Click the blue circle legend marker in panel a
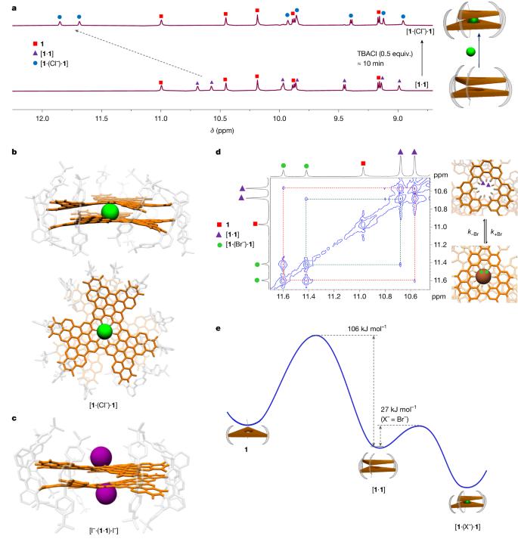click(x=26, y=66)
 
